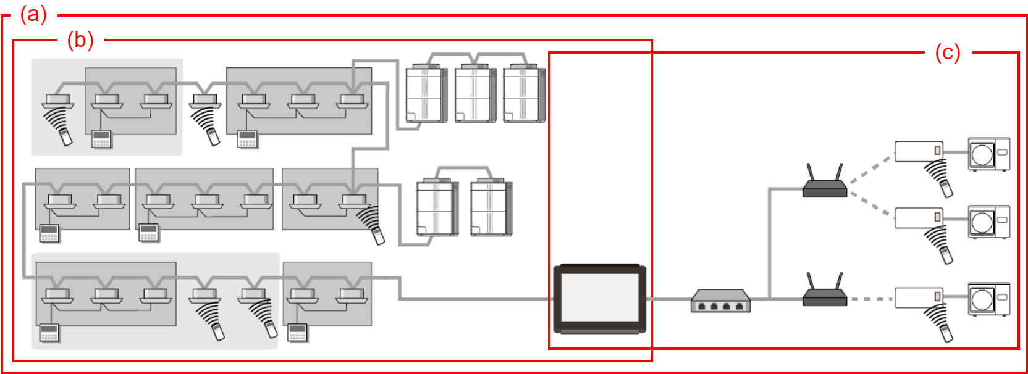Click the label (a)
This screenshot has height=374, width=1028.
(x=33, y=14)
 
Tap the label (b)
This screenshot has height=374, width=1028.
(x=80, y=40)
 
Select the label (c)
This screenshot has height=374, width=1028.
(x=947, y=52)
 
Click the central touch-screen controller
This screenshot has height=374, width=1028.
(x=599, y=299)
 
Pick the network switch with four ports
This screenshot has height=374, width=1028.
(x=720, y=301)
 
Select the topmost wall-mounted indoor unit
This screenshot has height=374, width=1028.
(x=919, y=151)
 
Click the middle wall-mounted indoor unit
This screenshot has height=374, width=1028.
(x=919, y=217)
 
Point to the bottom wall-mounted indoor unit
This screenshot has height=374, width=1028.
(x=919, y=297)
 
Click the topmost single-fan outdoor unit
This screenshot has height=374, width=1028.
(x=988, y=154)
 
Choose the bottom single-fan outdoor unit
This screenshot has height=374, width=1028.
(x=988, y=299)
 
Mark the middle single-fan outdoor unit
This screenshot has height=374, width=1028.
(x=988, y=222)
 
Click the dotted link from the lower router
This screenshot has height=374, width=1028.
(x=871, y=299)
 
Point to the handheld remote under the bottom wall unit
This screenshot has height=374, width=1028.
(x=946, y=332)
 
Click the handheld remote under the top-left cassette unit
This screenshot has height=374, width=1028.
(x=65, y=136)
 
